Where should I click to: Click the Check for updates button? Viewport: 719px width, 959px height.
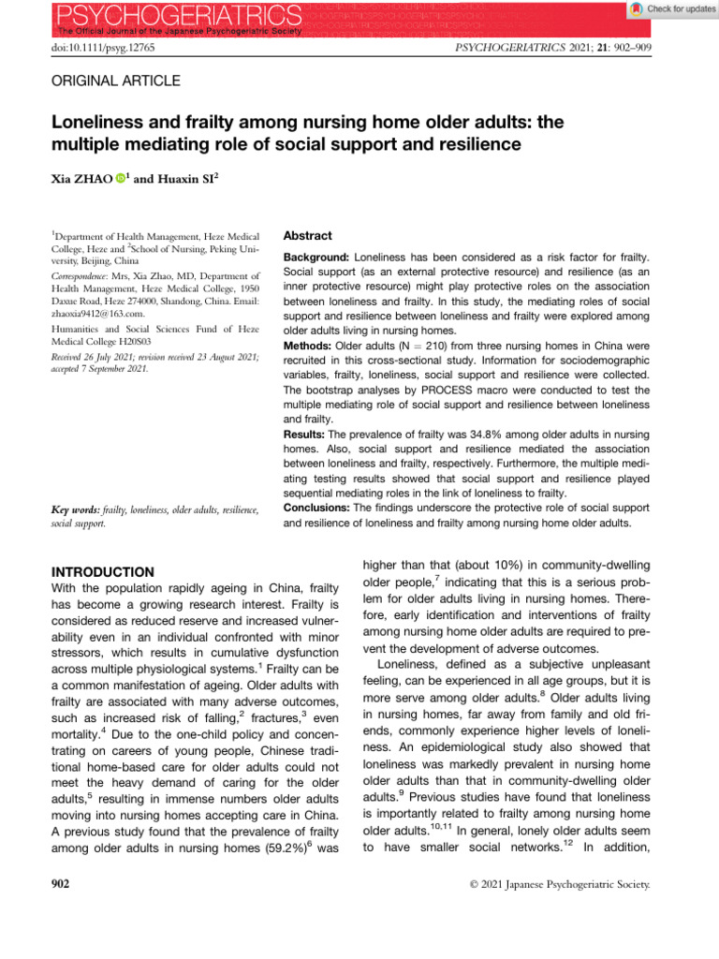667,8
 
